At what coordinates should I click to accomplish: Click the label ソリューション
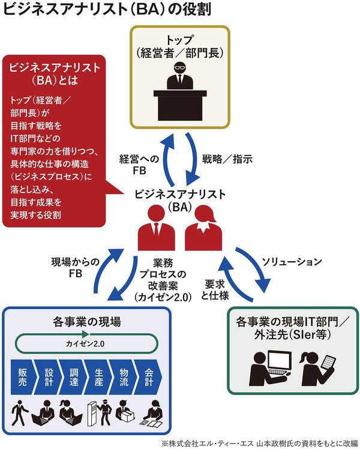pyautogui.click(x=292, y=262)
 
